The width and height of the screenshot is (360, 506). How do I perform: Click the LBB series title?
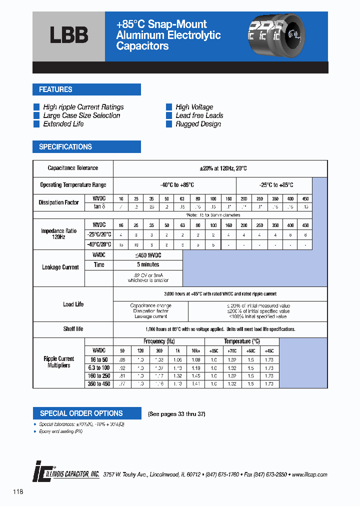point(69,35)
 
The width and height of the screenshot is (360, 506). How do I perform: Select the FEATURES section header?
point(56,89)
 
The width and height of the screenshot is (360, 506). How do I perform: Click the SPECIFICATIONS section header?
point(65,147)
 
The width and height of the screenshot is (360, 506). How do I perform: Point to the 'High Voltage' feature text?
point(194,107)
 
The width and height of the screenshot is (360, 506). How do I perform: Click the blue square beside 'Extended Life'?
point(36,124)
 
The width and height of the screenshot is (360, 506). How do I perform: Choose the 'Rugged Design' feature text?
point(198,124)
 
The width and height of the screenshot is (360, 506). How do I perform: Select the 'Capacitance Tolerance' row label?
point(73,168)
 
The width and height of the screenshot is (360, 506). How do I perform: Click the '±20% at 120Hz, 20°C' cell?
point(220,168)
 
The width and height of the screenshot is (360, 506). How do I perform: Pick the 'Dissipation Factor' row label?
point(58,202)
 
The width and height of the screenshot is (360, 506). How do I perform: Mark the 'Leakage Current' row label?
point(60,267)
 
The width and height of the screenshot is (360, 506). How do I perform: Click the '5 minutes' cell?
point(148,264)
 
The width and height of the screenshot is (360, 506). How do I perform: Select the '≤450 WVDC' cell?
point(148,255)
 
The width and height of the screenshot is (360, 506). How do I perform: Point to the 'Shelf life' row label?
point(73,329)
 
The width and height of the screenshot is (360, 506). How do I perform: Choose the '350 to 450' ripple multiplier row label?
point(99,384)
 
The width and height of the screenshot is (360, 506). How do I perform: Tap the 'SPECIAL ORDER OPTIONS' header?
point(81,413)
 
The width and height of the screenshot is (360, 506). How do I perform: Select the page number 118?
point(18,492)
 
